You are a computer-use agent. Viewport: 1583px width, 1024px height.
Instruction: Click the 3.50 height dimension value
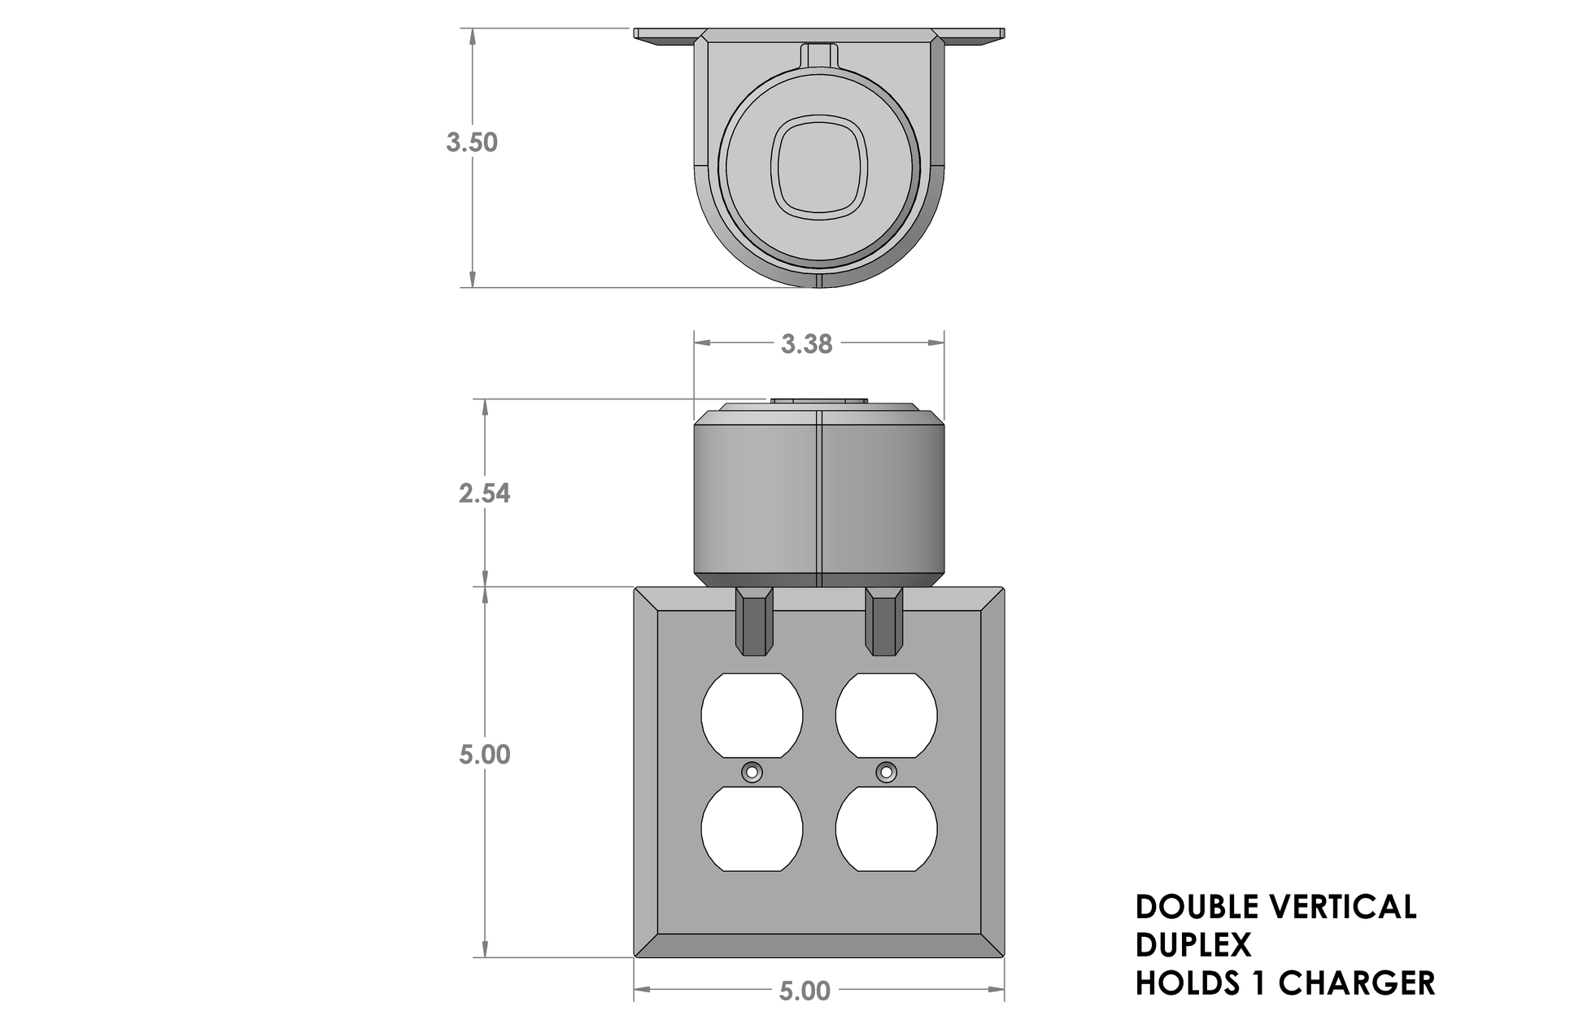pyautogui.click(x=472, y=142)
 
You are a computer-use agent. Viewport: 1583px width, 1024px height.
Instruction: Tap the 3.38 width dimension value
pyautogui.click(x=806, y=344)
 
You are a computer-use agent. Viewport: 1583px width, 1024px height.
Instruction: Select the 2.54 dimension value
pyautogui.click(x=485, y=493)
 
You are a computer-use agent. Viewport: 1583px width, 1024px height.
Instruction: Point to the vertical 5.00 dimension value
pyautogui.click(x=485, y=754)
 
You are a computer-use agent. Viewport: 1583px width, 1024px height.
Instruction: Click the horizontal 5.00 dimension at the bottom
pyautogui.click(x=805, y=991)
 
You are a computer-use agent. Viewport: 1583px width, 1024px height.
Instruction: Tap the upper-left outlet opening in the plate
pyautogui.click(x=752, y=715)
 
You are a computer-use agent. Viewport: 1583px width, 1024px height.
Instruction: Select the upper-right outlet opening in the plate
pyautogui.click(x=886, y=715)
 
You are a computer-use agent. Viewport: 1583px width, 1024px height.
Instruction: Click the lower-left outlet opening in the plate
pyautogui.click(x=752, y=829)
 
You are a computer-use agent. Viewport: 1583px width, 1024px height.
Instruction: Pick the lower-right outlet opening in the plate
pyautogui.click(x=886, y=829)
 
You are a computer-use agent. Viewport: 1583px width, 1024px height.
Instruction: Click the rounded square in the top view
pyautogui.click(x=819, y=166)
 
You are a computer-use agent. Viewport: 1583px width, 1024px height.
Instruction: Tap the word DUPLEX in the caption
pyautogui.click(x=1193, y=945)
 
